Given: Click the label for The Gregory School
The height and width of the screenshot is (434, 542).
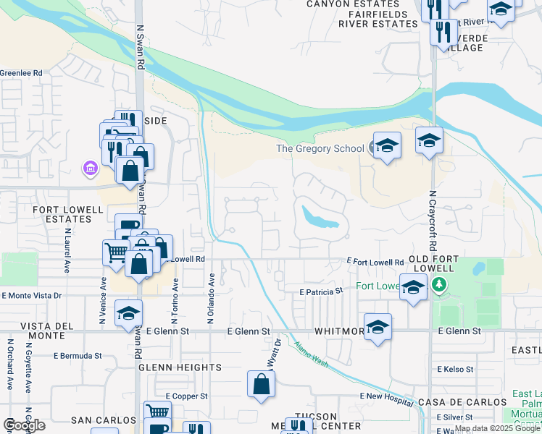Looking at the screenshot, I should (x=320, y=148).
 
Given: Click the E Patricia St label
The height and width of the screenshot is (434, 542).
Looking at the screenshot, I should (x=321, y=291).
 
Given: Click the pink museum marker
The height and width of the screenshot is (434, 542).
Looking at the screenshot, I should (x=90, y=169).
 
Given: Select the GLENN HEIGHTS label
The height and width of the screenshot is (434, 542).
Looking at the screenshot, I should (x=180, y=367).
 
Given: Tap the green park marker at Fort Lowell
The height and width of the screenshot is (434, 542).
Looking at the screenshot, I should (x=437, y=285).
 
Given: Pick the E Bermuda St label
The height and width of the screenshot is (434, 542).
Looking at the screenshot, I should (x=78, y=356).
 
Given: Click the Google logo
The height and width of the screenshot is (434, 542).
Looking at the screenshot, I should (x=25, y=425).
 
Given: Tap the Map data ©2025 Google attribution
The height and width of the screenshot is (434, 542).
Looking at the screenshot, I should (x=497, y=429).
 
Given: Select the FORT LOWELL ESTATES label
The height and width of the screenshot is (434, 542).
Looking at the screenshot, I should (x=67, y=214).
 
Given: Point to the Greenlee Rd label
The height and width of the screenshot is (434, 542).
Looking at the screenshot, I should (x=21, y=73).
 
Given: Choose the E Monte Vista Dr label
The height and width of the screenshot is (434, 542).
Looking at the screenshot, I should (x=31, y=295).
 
